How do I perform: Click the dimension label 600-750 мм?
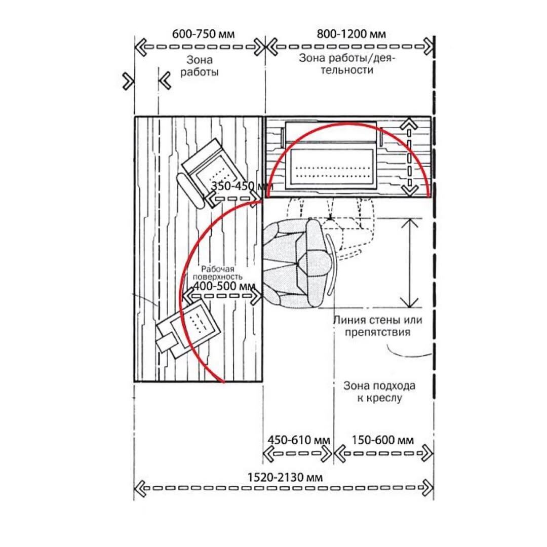click(x=204, y=34)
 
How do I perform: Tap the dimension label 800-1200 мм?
click(x=351, y=34)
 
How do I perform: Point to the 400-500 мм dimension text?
click(x=224, y=286)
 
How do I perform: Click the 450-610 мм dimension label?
click(x=299, y=440)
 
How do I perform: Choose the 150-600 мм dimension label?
click(x=383, y=440)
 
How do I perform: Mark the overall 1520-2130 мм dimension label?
click(x=285, y=477)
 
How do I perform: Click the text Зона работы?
click(x=199, y=66)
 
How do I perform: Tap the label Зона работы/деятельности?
click(x=347, y=64)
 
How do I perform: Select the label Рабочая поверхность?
click(x=218, y=273)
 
